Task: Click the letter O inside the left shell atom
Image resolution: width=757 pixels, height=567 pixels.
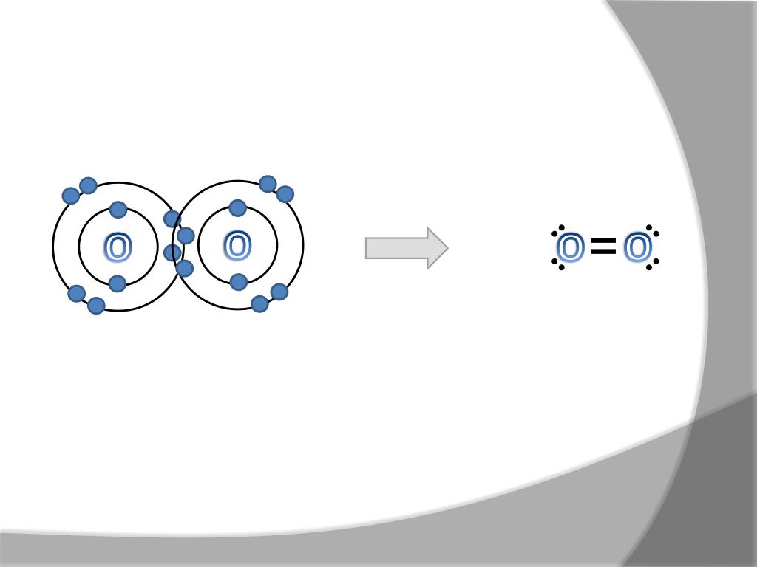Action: pos(118,248)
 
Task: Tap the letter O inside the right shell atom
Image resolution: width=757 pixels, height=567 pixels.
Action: pos(237,247)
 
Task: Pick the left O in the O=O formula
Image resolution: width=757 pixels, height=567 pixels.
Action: pos(570,249)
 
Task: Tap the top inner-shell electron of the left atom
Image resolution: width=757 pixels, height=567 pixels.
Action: pos(118,210)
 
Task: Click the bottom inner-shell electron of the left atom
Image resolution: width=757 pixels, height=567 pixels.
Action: pos(118,283)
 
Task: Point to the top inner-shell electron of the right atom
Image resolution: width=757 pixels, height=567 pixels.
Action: pos(237,208)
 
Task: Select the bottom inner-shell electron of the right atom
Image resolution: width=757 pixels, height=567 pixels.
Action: pos(238,282)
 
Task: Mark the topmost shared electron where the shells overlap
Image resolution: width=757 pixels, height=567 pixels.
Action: pos(172,219)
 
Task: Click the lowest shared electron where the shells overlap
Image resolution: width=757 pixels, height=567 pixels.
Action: pos(185,268)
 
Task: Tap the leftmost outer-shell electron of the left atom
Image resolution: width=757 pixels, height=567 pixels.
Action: pos(71,196)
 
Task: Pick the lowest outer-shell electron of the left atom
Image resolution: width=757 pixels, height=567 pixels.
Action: pos(96,305)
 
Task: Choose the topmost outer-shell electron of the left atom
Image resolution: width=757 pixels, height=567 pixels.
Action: pos(88,185)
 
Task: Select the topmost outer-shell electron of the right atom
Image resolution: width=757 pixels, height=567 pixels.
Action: pos(268,184)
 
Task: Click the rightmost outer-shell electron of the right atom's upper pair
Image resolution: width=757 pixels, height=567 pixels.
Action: pos(285,194)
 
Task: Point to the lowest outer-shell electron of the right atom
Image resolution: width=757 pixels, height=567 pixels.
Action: pos(259,303)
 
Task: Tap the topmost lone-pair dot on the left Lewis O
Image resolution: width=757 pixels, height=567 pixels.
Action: pos(562,227)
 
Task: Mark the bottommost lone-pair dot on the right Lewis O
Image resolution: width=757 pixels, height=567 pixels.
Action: pos(649,267)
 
